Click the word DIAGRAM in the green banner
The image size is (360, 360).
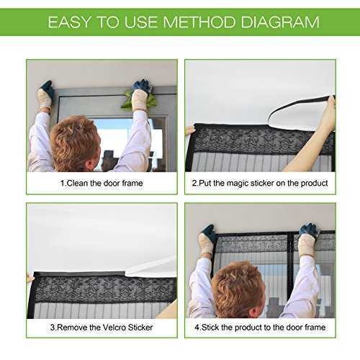(x=280, y=22)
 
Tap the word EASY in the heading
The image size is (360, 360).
(x=70, y=22)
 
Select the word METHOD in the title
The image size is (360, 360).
(x=199, y=22)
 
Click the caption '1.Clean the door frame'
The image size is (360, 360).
(x=102, y=184)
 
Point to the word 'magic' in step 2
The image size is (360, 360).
(x=238, y=184)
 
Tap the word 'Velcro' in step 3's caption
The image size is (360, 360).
(x=114, y=328)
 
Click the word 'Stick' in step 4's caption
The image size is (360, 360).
(x=210, y=328)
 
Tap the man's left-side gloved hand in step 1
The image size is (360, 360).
(x=45, y=94)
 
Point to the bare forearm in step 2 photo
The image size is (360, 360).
(x=310, y=144)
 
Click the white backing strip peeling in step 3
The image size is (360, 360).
(x=151, y=266)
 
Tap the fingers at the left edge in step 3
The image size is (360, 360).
(x=30, y=277)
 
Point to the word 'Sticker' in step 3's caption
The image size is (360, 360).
(x=140, y=328)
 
